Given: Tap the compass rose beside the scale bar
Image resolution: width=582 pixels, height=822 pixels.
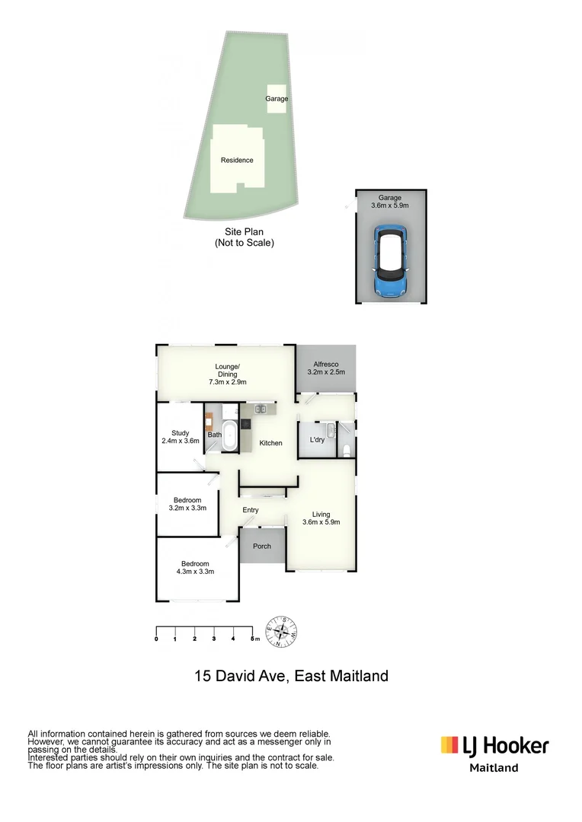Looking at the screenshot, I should click(281, 631).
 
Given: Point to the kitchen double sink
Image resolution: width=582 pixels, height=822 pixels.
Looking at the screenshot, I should click(261, 410).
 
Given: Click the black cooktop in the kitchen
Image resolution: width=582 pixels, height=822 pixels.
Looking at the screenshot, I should click(245, 424).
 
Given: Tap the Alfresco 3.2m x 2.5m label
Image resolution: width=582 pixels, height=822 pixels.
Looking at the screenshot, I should click(326, 368).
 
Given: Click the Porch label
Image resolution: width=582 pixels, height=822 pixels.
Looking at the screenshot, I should click(261, 546).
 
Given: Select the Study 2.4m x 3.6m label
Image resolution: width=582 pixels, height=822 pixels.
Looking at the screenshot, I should click(180, 437).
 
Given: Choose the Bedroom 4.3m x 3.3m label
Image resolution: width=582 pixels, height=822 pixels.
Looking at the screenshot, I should click(195, 568).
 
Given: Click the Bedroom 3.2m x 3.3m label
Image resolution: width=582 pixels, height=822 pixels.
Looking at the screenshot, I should click(187, 504).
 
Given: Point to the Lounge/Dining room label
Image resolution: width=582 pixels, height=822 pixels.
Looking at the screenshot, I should click(228, 374).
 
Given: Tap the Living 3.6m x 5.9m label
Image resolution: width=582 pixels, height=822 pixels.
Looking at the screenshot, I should click(320, 518).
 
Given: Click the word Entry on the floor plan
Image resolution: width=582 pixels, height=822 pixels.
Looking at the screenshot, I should click(251, 510).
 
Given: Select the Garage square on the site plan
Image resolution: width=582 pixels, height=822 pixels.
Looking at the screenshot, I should click(277, 99).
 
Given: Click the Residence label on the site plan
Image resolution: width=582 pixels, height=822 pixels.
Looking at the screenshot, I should click(237, 161).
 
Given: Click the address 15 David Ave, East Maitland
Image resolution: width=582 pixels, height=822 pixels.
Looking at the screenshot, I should click(291, 676).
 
